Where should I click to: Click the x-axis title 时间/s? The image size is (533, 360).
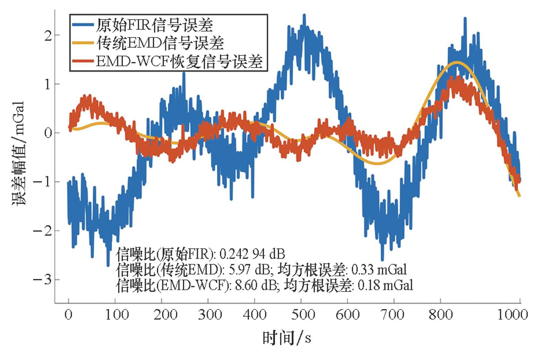pos(287,338)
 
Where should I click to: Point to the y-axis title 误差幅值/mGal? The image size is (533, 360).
pos(18,153)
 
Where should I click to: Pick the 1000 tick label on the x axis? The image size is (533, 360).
pos(513,315)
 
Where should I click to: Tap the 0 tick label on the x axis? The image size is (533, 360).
pos(69,315)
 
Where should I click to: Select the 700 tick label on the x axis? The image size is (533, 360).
pos(394,315)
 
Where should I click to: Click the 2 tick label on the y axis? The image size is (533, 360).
pos(48,35)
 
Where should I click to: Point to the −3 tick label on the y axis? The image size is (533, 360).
pos(42,279)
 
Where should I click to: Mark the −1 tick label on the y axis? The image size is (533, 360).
pos(42,182)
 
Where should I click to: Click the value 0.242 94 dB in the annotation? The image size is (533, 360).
pos(252,254)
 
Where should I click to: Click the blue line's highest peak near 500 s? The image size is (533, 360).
pos(304,15)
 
